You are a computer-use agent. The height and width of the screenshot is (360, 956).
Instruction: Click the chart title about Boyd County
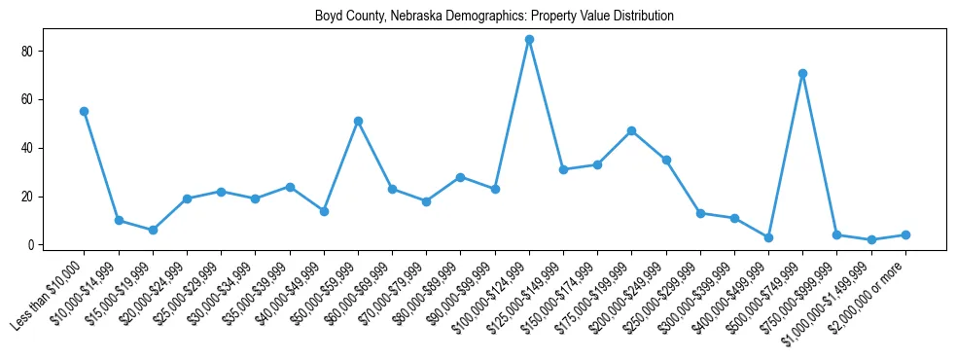tap(494, 17)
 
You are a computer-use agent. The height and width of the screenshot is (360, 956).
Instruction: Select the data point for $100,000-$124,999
tap(529, 40)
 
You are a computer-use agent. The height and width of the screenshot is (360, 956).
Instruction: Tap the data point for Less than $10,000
tap(85, 112)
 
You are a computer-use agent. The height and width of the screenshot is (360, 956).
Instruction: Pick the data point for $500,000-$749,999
tap(802, 73)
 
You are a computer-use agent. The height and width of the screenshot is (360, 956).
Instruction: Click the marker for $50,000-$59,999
tap(358, 122)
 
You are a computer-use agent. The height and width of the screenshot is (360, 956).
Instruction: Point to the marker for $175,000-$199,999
tap(631, 131)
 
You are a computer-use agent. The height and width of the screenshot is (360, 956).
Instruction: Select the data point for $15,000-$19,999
tap(153, 231)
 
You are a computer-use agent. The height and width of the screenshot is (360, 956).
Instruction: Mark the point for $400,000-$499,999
tap(768, 237)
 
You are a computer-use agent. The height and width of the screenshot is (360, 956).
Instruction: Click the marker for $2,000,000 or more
tap(904, 235)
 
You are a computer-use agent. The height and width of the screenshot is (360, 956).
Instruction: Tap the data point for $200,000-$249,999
tap(666, 161)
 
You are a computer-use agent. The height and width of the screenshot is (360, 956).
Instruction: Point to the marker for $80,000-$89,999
tap(460, 177)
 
